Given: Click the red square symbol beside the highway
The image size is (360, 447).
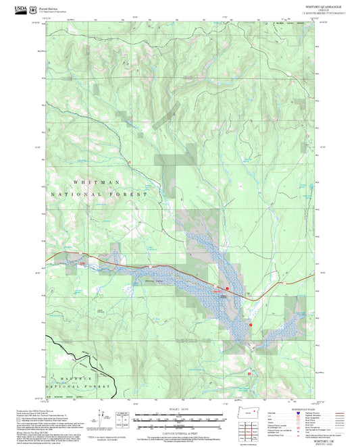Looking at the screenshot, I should click(228, 289).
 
